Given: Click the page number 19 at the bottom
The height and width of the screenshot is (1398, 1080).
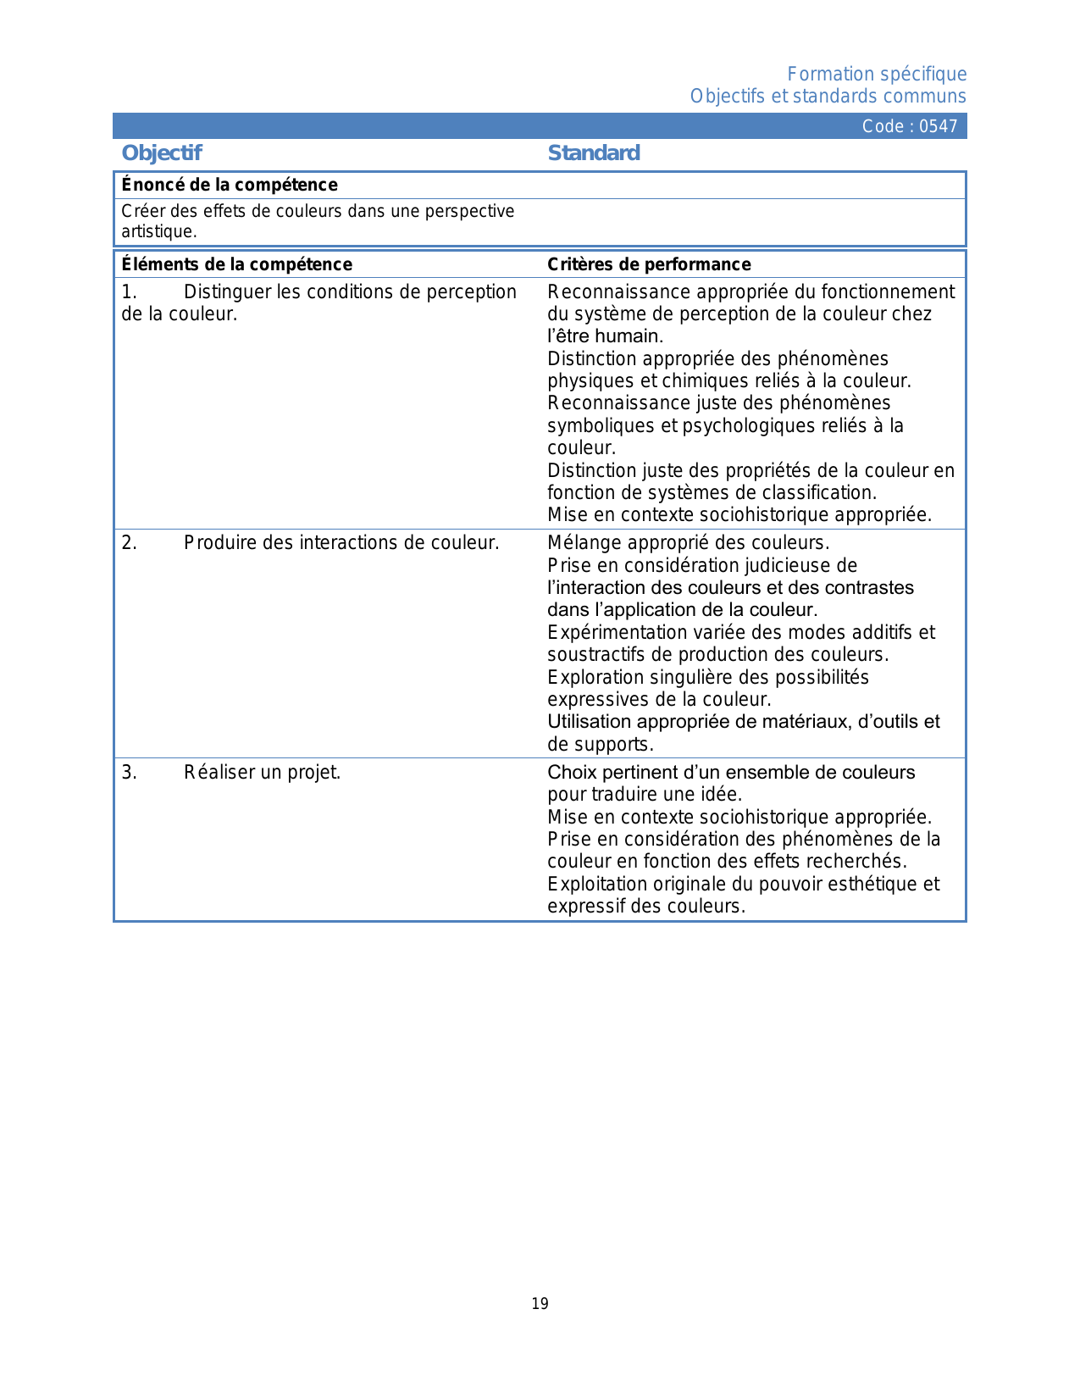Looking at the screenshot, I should pos(540,1304).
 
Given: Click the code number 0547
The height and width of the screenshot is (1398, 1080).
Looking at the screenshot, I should pos(939,126).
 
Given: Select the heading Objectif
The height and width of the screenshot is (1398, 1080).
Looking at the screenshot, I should pos(162,153).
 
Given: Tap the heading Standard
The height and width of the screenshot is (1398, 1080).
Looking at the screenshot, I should pos(594,153).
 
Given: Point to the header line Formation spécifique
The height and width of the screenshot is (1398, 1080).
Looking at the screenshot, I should pos(877,75).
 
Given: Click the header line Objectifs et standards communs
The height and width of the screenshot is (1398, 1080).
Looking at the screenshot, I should pos(828,97).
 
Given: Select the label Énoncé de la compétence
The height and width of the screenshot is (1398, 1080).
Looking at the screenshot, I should pos(230,185).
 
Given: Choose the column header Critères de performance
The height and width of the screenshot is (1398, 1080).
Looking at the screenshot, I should pos(649,264).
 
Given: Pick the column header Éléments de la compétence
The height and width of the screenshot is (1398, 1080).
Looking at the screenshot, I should pos(237,264).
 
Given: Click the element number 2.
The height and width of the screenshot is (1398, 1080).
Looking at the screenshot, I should pos(129,543).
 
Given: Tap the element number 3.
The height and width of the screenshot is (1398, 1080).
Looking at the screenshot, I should pos(129,773).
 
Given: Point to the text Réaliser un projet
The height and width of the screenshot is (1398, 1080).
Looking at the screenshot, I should pos(263,773).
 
